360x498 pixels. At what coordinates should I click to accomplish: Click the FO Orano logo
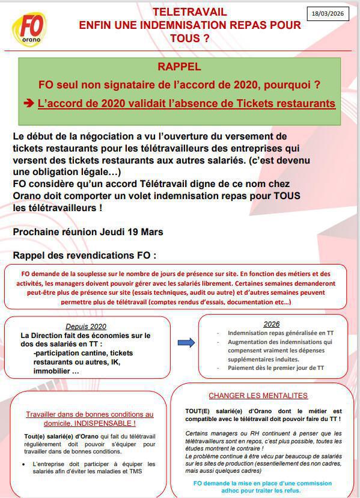[x=29, y=29]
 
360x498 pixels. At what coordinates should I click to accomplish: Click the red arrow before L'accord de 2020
[x=29, y=103]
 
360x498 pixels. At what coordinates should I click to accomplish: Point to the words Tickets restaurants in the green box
[x=285, y=103]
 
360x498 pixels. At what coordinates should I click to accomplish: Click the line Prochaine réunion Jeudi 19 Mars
[x=88, y=232]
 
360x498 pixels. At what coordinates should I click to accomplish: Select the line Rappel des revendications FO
[x=84, y=255]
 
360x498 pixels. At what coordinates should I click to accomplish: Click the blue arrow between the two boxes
[x=186, y=342]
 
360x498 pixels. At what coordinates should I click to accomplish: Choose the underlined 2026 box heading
[x=272, y=324]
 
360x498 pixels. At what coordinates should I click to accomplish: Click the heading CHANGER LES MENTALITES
[x=258, y=396]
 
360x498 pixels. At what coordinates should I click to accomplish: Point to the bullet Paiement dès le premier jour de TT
[x=276, y=367]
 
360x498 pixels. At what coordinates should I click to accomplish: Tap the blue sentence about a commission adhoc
[x=263, y=487]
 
